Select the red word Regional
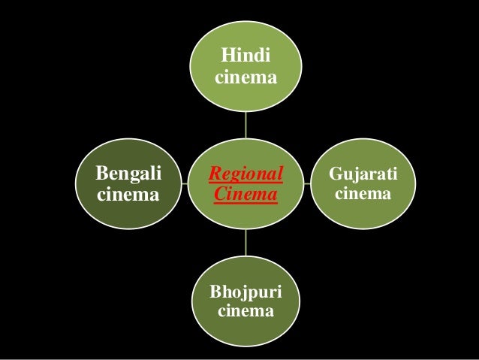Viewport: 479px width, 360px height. click(246, 175)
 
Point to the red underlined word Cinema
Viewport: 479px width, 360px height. click(246, 195)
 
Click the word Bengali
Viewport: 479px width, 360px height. click(128, 175)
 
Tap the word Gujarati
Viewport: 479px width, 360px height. click(363, 175)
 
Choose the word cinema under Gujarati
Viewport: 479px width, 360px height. click(363, 195)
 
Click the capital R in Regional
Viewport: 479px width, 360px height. click(214, 175)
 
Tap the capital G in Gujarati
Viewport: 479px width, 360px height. click(335, 175)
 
